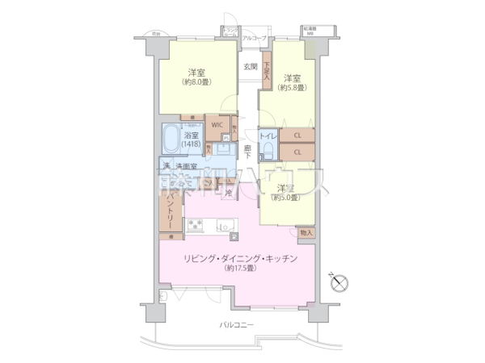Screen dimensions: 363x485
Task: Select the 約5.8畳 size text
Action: (292, 89)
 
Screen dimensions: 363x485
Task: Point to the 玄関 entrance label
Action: (250, 67)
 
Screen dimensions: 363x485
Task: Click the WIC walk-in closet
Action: (217, 126)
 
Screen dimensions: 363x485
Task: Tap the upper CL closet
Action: (297, 136)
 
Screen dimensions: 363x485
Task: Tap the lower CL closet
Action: (297, 152)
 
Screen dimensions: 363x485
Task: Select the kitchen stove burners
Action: (196, 226)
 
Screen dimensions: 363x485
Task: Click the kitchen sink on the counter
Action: (224, 225)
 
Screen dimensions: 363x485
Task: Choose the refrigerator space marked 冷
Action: (230, 194)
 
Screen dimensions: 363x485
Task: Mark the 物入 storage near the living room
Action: (306, 232)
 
